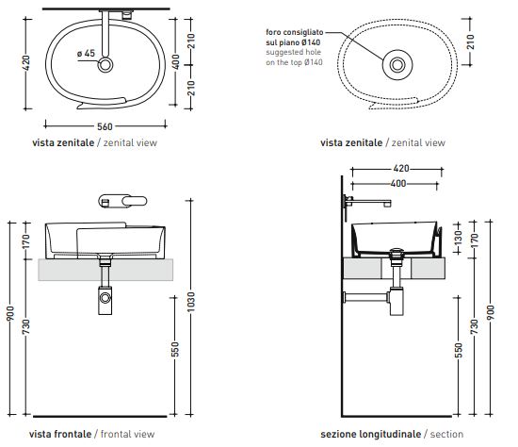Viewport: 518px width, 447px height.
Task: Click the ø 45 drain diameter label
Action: [85, 54]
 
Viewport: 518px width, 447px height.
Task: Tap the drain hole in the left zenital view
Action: [106, 64]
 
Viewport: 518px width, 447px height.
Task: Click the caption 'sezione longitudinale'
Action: [371, 434]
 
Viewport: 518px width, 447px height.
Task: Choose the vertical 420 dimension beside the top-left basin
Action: [26, 62]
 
